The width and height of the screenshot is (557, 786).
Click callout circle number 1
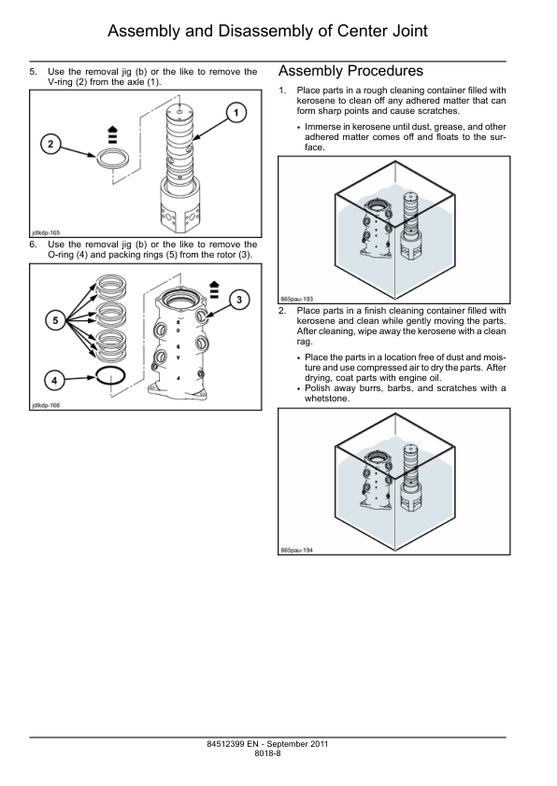(x=236, y=112)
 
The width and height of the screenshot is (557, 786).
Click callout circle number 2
(x=50, y=145)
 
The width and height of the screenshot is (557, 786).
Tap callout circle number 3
(x=239, y=300)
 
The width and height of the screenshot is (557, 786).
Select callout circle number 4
(x=55, y=381)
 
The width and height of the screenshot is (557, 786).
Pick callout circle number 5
(x=55, y=321)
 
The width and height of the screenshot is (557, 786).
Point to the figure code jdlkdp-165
(x=46, y=232)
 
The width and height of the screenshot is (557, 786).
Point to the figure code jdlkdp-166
(x=46, y=405)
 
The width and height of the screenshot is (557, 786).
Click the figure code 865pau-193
(x=296, y=299)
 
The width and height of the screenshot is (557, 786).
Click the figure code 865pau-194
(x=296, y=551)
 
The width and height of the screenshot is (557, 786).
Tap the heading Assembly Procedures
(x=350, y=71)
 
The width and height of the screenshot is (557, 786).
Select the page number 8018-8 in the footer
(x=267, y=753)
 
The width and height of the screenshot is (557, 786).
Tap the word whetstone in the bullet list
(x=327, y=399)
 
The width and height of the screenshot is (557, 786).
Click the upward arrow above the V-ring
(x=113, y=133)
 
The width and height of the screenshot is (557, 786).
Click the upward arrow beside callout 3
(x=214, y=289)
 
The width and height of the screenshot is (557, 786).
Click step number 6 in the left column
(x=33, y=245)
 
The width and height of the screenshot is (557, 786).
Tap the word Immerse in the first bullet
(x=322, y=127)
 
